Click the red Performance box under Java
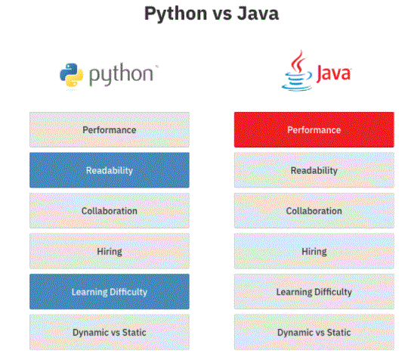click(x=314, y=129)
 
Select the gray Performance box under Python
click(x=110, y=129)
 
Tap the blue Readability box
click(x=110, y=170)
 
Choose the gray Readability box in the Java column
click(x=314, y=170)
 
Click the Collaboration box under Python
click(x=110, y=210)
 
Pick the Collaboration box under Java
click(x=314, y=210)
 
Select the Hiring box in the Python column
click(x=110, y=251)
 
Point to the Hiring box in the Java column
click(x=314, y=251)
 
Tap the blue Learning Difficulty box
click(x=110, y=291)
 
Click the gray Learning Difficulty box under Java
click(x=314, y=291)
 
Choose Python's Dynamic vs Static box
click(x=110, y=332)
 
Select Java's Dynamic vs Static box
click(x=314, y=332)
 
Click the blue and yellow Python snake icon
click(x=71, y=75)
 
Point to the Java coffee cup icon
click(x=297, y=71)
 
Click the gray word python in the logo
click(x=121, y=74)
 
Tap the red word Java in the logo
click(x=333, y=73)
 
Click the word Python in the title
click(x=176, y=14)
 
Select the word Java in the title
click(x=258, y=14)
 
